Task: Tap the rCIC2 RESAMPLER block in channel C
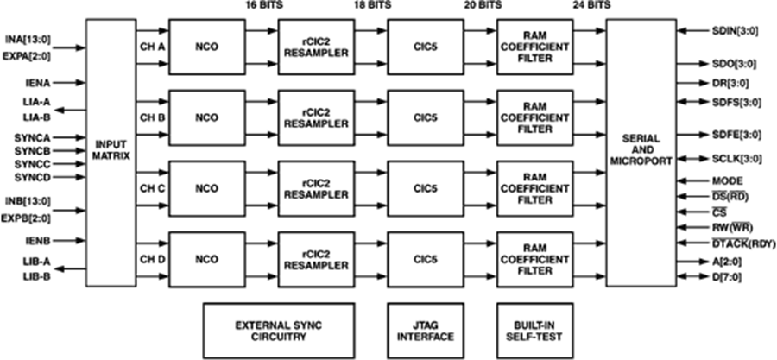pyautogui.click(x=315, y=187)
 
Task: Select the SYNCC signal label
pyautogui.click(x=32, y=163)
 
